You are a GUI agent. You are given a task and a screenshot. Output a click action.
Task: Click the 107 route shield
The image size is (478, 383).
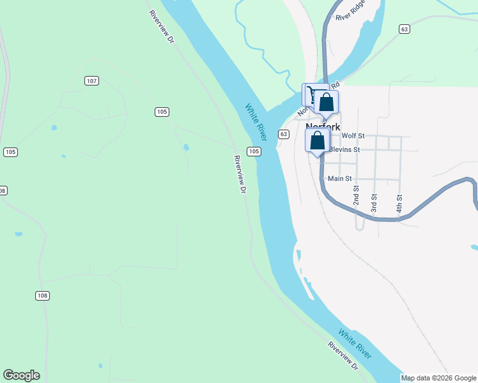[x=92, y=81]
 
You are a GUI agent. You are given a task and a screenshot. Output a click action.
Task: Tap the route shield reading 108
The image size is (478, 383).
[x=42, y=296]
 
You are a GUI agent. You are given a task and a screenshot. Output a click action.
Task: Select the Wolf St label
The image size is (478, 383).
[x=353, y=136]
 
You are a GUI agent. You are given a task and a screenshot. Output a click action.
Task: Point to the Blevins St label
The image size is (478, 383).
[x=345, y=149]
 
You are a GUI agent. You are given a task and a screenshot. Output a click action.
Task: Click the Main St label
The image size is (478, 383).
[x=339, y=179]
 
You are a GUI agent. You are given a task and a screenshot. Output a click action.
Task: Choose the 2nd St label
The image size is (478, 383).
[x=357, y=195]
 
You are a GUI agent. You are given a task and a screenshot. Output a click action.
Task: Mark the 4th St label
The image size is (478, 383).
[x=399, y=203]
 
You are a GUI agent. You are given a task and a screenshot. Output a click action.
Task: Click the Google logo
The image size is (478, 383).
[x=21, y=375]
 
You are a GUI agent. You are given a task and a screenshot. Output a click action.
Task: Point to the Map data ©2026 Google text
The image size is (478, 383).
[x=438, y=378]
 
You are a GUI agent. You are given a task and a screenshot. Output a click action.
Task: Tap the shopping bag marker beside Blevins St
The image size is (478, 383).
[x=318, y=141]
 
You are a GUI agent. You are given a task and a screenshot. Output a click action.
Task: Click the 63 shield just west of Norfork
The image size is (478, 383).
[x=284, y=134]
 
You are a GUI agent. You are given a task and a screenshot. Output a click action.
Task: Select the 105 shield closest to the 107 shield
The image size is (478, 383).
[x=162, y=112]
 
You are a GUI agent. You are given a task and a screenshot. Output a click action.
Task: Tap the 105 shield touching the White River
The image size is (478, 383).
[x=254, y=151]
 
